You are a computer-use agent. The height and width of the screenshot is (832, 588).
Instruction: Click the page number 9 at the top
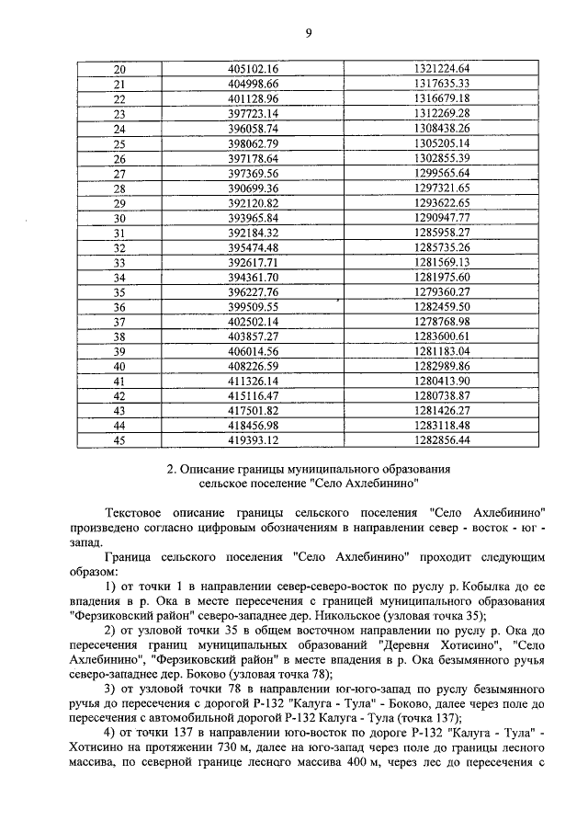click(x=309, y=34)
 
